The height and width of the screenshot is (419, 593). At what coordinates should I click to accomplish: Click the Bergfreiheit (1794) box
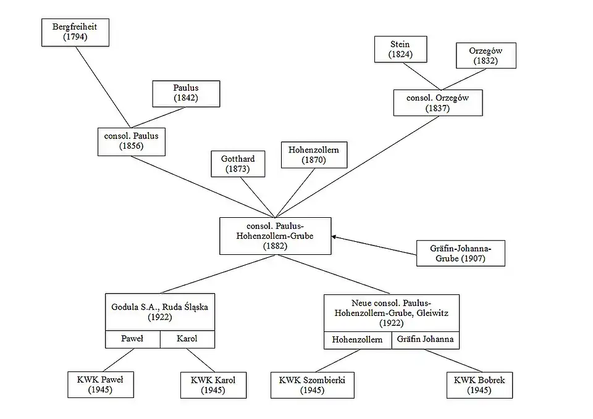pyautogui.click(x=75, y=32)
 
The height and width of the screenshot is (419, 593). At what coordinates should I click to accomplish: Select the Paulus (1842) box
pyautogui.click(x=185, y=93)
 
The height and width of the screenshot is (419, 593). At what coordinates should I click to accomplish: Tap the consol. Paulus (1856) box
pyautogui.click(x=132, y=141)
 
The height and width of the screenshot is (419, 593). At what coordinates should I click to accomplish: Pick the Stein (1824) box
pyautogui.click(x=400, y=49)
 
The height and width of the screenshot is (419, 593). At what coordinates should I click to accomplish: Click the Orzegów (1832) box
pyautogui.click(x=486, y=56)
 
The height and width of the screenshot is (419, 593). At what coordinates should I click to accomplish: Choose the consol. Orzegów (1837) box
pyautogui.click(x=437, y=103)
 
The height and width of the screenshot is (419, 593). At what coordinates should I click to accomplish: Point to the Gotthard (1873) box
pyautogui.click(x=238, y=164)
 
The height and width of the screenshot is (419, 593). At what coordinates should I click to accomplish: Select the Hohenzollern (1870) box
pyautogui.click(x=314, y=155)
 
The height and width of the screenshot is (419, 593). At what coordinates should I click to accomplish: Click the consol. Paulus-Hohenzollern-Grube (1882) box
pyautogui.click(x=275, y=236)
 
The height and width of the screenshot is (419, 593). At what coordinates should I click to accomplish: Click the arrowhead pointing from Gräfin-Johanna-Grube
pyautogui.click(x=334, y=236)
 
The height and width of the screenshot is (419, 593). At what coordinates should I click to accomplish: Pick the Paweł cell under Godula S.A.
pyautogui.click(x=133, y=339)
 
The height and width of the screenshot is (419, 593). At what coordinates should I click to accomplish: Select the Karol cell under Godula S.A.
pyautogui.click(x=187, y=339)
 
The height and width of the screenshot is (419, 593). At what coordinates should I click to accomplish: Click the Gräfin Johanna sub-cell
pyautogui.click(x=426, y=339)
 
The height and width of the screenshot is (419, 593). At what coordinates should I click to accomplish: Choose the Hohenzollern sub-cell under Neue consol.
pyautogui.click(x=358, y=339)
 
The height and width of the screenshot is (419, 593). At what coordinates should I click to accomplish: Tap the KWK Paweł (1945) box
pyautogui.click(x=100, y=384)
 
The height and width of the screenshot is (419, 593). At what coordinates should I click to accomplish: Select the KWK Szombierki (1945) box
pyautogui.click(x=312, y=384)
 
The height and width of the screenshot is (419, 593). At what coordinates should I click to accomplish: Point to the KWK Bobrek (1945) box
pyautogui.click(x=479, y=384)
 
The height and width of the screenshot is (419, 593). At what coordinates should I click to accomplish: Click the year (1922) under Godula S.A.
pyautogui.click(x=159, y=317)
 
